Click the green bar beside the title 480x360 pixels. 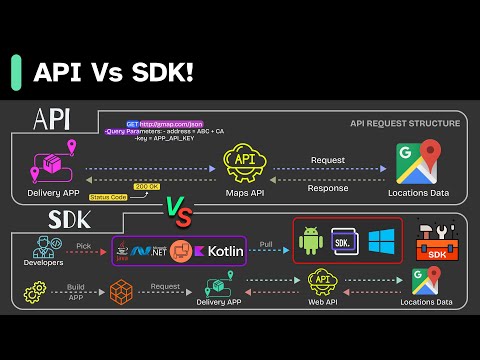pyautogui.click(x=16, y=73)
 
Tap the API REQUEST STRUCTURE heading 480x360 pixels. pyautogui.click(x=405, y=123)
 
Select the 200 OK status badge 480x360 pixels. pyautogui.click(x=147, y=186)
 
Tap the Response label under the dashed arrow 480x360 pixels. pyautogui.click(x=327, y=186)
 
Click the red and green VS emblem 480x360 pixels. pyautogui.click(x=177, y=208)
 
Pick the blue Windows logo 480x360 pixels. pyautogui.click(x=381, y=241)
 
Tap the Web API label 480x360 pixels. pyautogui.click(x=322, y=301)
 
